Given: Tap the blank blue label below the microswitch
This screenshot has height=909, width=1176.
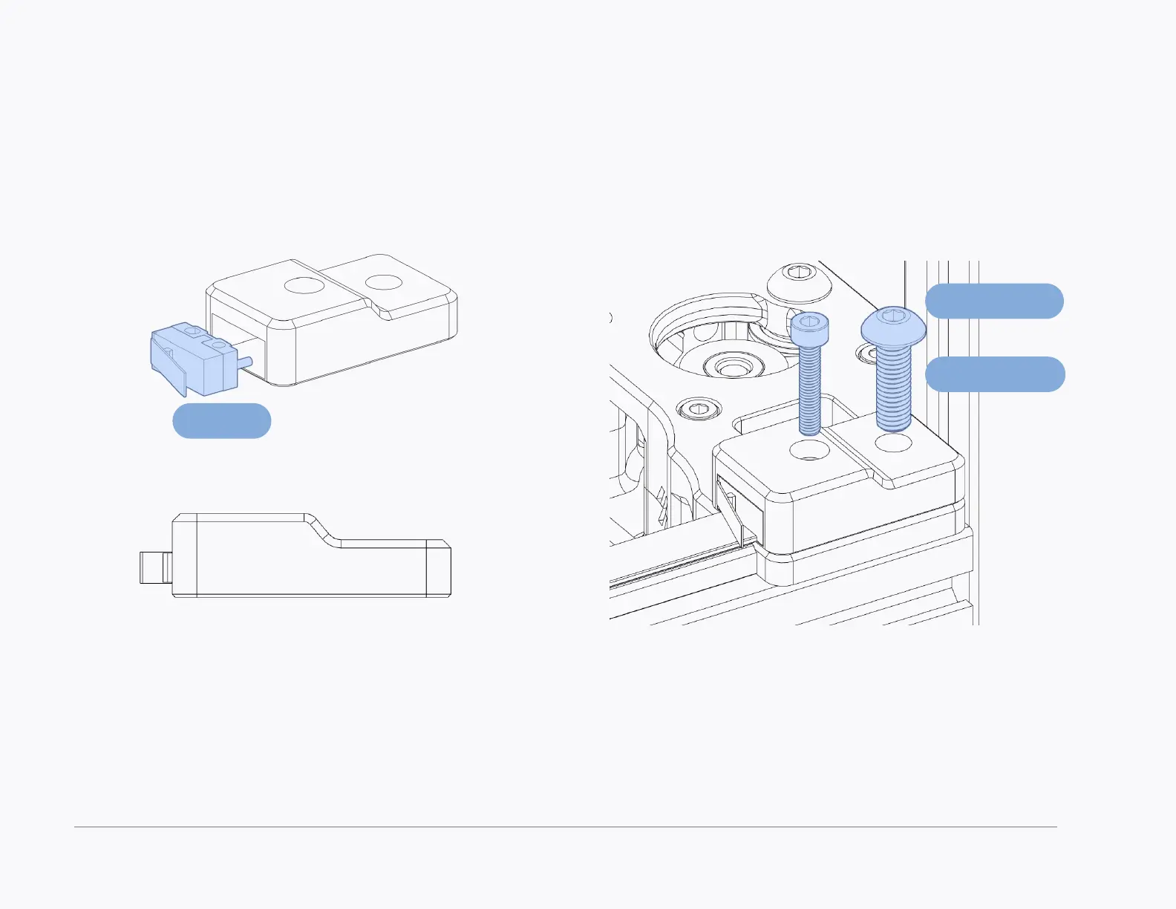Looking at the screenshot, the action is [x=221, y=421].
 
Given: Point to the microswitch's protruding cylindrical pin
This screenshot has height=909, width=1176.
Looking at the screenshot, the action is [x=247, y=362].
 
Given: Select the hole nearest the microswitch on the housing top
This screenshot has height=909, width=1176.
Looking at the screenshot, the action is [x=304, y=285].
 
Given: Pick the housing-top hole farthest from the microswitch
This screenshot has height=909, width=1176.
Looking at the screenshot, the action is [x=383, y=282].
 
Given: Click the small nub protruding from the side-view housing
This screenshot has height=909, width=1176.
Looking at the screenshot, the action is [x=155, y=567].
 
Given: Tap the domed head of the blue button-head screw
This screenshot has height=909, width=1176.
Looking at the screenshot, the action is [x=893, y=326].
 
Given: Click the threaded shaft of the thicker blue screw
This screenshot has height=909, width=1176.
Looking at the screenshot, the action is [x=894, y=390].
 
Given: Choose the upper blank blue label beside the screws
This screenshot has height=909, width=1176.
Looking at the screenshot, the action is [x=994, y=301].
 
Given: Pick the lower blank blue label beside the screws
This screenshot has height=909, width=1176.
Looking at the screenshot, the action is [x=995, y=374].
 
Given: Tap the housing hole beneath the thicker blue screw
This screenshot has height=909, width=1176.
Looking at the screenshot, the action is [x=894, y=444].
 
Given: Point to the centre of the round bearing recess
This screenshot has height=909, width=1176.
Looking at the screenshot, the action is [x=731, y=366].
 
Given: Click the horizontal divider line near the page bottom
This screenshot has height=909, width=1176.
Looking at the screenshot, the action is [x=564, y=827].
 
